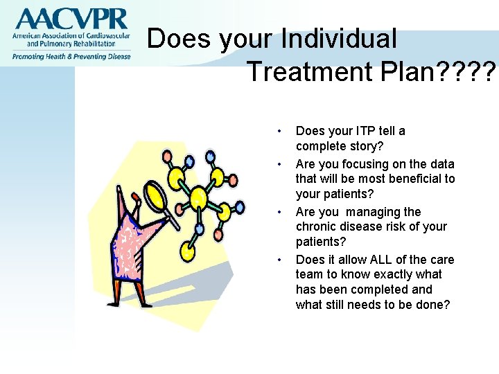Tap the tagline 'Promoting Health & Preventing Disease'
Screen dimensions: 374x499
(70, 56)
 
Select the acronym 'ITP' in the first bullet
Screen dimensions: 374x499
(366, 131)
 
